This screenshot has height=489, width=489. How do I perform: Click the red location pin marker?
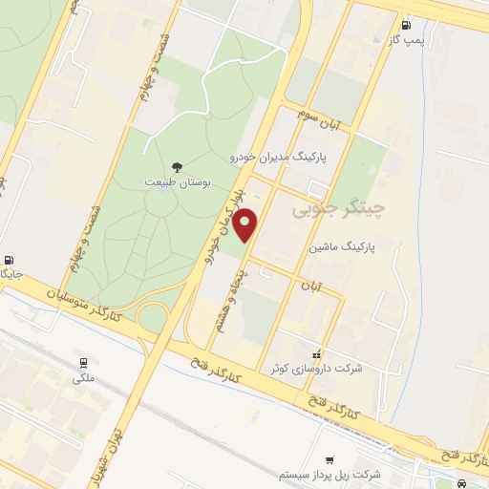click(x=247, y=225)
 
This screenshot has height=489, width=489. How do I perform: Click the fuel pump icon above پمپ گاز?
click(x=408, y=25)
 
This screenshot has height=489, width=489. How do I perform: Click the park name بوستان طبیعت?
click(x=175, y=181)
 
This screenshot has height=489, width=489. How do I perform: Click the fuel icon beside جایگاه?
click(x=10, y=260)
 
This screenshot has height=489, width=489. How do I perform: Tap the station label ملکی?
click(x=84, y=378)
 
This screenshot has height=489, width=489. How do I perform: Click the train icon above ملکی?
click(x=83, y=363)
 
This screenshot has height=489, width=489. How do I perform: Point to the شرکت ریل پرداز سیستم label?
click(x=330, y=474)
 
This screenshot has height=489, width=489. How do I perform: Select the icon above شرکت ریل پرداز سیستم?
click(x=330, y=459)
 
